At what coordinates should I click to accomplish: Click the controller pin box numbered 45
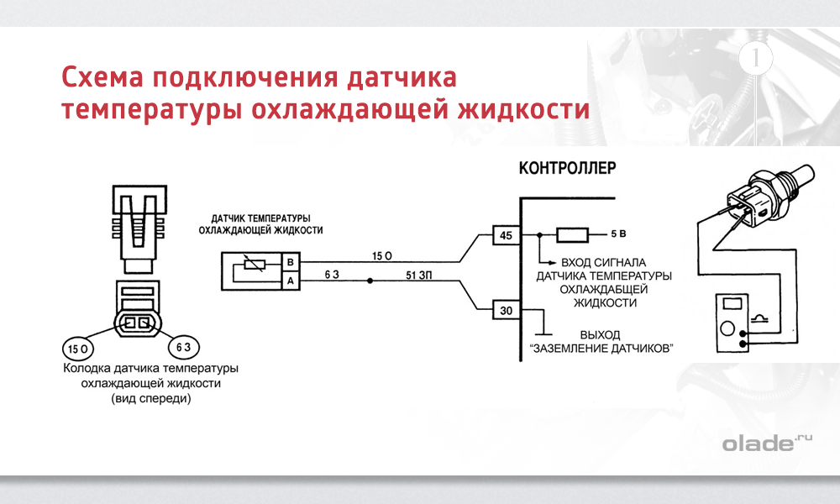point(506,235)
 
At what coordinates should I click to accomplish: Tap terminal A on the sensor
point(290,281)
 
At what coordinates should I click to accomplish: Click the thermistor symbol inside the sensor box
point(253,266)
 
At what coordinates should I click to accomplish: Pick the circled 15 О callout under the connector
point(78,347)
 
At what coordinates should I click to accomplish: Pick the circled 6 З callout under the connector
point(181,346)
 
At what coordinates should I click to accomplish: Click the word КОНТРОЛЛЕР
point(568,167)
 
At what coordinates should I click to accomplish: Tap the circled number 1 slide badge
point(757,59)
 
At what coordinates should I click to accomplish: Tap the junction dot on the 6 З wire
point(364,281)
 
